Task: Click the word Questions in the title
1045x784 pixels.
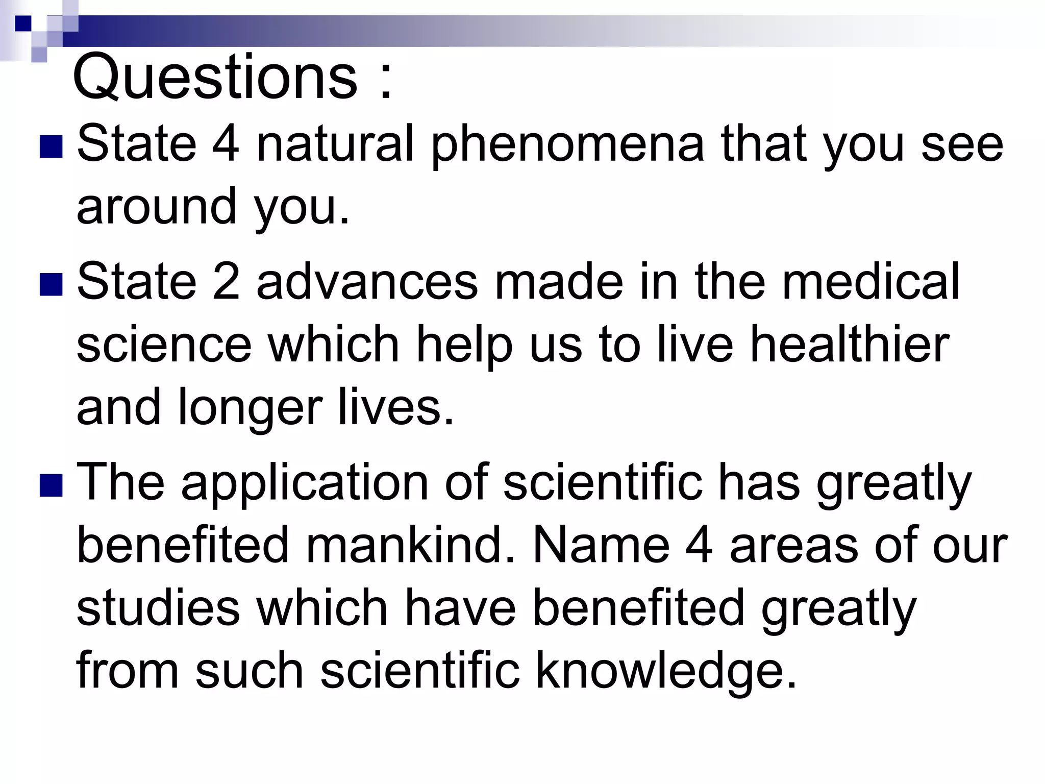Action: click(x=215, y=78)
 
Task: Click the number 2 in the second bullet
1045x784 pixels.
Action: click(x=226, y=282)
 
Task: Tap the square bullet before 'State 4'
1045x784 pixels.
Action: click(x=51, y=147)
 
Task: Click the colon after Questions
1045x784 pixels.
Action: click(x=386, y=82)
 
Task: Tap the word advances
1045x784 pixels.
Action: click(x=367, y=282)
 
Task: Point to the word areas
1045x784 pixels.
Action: click(x=794, y=546)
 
